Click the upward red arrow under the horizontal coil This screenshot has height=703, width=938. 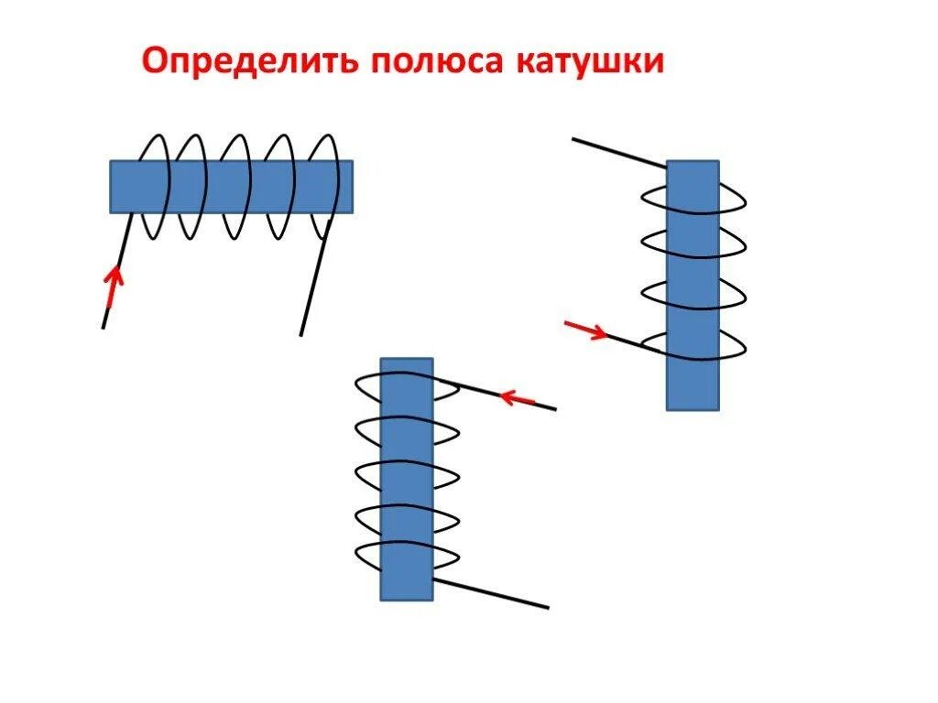114,287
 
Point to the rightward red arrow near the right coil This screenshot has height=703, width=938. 585,330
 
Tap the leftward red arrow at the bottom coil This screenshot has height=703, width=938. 518,398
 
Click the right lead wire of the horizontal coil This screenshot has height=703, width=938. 313,284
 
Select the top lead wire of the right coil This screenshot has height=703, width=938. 618,152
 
